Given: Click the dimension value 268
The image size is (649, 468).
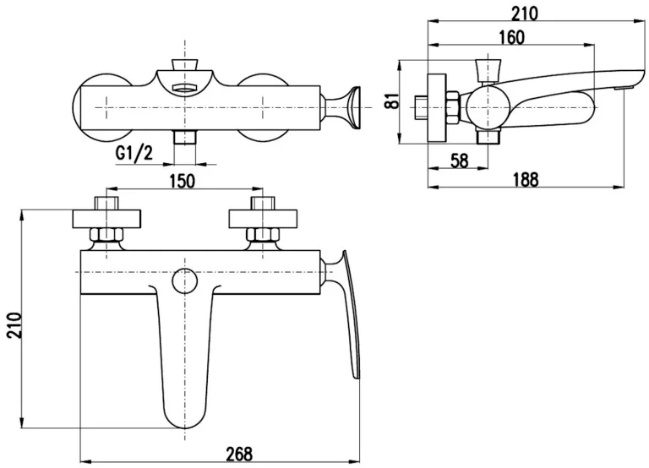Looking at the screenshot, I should [239, 454].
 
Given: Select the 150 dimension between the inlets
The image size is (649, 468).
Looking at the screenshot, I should [183, 179].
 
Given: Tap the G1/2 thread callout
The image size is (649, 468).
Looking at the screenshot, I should [134, 154].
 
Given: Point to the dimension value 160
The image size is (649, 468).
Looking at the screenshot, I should [511, 36].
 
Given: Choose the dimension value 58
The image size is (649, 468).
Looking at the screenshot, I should [460, 159].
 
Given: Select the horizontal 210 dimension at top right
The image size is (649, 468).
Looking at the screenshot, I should [525, 12].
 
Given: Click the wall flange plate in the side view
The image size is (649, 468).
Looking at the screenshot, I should [437, 107].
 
